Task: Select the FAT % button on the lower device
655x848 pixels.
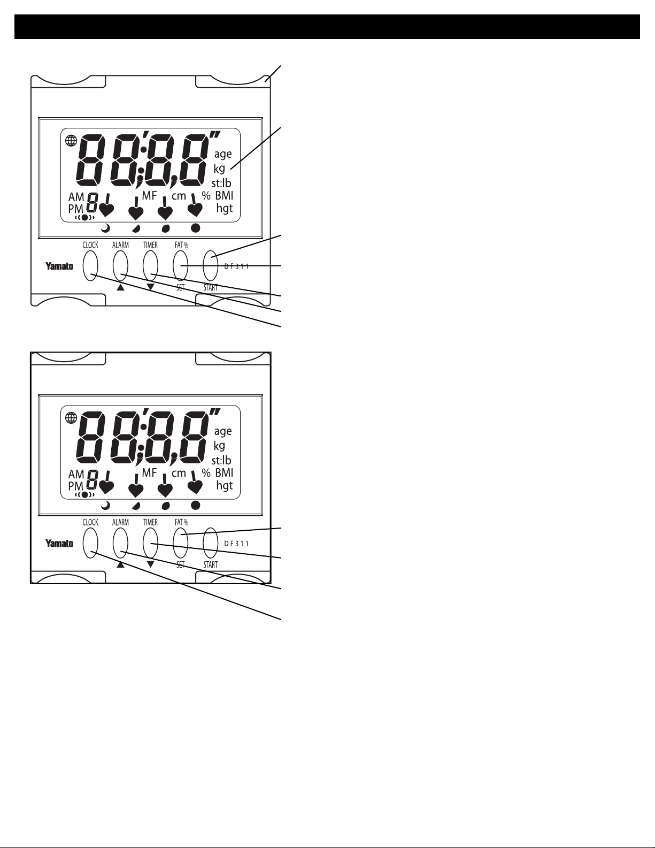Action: pos(181,543)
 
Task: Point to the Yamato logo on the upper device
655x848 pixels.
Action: pos(59,266)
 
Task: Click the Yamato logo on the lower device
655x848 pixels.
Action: pos(59,543)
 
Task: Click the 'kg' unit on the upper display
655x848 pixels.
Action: pos(219,169)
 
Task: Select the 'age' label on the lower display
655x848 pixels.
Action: pos(222,431)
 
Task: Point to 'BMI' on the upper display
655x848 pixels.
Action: pos(225,195)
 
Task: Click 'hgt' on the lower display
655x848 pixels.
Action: pos(225,486)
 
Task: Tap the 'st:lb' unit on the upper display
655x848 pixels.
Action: pos(221,183)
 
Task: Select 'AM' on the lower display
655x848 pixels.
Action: pos(76,473)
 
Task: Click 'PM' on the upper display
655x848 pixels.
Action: pos(75,208)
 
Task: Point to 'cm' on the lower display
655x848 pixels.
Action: pos(179,473)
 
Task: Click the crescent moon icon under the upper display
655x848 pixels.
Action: pos(106,228)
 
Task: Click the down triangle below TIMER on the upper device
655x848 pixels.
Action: pos(151,287)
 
